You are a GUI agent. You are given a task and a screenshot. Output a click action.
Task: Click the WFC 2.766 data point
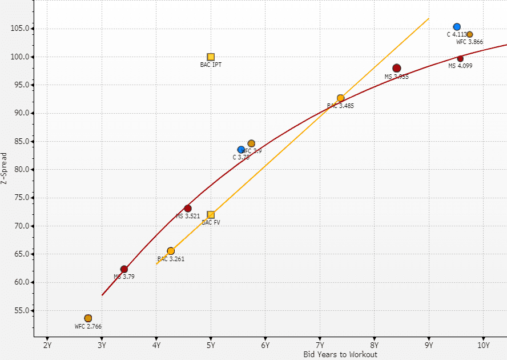pyautogui.click(x=88, y=318)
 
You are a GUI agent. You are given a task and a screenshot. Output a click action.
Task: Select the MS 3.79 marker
pyautogui.click(x=124, y=269)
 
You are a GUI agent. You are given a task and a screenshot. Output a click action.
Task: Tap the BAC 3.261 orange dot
pyautogui.click(x=171, y=251)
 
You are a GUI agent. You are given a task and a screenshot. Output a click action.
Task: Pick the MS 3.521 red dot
pyautogui.click(x=188, y=209)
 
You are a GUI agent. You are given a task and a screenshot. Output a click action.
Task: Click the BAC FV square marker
pyautogui.click(x=211, y=215)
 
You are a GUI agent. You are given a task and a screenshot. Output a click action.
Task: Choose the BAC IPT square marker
pyautogui.click(x=211, y=57)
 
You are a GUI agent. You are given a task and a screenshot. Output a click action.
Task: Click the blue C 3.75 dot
pyautogui.click(x=241, y=150)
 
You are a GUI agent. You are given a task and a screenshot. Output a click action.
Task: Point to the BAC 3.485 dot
pyautogui.click(x=341, y=98)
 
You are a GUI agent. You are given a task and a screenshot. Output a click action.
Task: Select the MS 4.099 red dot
pyautogui.click(x=460, y=58)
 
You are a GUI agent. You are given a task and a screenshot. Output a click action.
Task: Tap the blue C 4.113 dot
pyautogui.click(x=457, y=27)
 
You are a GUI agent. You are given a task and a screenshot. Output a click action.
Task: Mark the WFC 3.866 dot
pyautogui.click(x=470, y=34)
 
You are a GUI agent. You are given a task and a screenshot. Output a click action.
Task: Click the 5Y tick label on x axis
pyautogui.click(x=211, y=345)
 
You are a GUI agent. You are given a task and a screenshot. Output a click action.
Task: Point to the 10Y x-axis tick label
pyautogui.click(x=483, y=345)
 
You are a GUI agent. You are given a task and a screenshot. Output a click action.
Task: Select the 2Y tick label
pyautogui.click(x=47, y=345)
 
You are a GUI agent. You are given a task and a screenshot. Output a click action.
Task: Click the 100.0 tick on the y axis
pyautogui.click(x=22, y=57)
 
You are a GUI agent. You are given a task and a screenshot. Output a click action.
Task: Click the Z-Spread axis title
pyautogui.click(x=5, y=169)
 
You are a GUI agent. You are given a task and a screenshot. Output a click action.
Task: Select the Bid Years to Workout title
pyautogui.click(x=340, y=355)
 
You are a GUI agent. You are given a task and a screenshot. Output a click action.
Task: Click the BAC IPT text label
pyautogui.click(x=211, y=65)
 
